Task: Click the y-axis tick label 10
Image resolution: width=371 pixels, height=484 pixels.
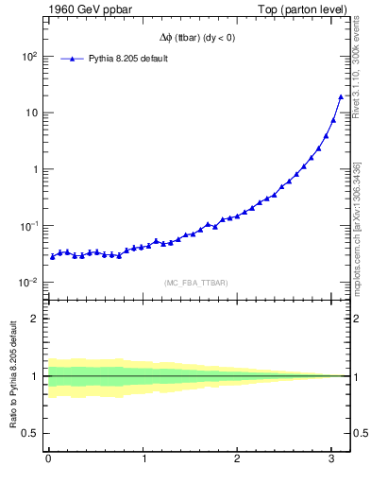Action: click(x=30, y=112)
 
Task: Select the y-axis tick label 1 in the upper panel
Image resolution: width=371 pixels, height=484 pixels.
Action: click(x=34, y=169)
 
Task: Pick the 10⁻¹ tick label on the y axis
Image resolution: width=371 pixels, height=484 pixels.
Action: click(x=27, y=226)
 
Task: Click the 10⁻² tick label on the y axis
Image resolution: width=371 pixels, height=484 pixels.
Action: click(x=27, y=283)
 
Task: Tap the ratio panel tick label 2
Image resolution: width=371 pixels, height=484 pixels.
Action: click(x=34, y=319)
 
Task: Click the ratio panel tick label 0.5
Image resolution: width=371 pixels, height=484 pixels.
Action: click(x=30, y=433)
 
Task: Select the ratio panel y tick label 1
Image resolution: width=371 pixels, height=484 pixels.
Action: click(x=34, y=376)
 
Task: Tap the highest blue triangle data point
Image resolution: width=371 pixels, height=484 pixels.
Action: click(x=341, y=96)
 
